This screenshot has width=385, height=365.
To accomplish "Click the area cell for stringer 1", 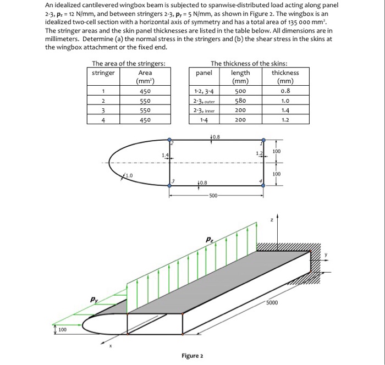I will (x=145, y=92).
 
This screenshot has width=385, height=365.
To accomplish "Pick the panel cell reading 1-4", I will (x=204, y=119).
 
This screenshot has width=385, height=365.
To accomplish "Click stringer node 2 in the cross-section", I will (x=170, y=141).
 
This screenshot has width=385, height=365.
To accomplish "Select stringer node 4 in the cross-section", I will (x=262, y=185).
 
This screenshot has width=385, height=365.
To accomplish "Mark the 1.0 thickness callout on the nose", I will (x=128, y=176).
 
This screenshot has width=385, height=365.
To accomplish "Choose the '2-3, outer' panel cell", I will (x=204, y=101).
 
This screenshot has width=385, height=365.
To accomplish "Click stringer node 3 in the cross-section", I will (x=170, y=185).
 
